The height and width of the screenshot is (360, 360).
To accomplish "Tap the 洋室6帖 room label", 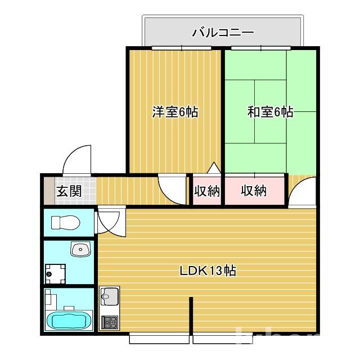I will (175, 112).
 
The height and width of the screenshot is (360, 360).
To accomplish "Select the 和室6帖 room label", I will (270, 112).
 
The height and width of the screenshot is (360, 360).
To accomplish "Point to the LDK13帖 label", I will (208, 271).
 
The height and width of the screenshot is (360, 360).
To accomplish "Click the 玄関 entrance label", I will (69, 191).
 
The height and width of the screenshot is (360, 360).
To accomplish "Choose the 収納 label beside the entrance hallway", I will (206, 191).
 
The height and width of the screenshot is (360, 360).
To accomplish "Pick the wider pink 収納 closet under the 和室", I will (254, 191).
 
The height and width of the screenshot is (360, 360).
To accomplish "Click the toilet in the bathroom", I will (66, 223).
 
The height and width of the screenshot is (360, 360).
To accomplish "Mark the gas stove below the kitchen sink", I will (110, 322).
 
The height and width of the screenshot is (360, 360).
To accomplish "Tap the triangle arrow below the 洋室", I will (213, 168).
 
